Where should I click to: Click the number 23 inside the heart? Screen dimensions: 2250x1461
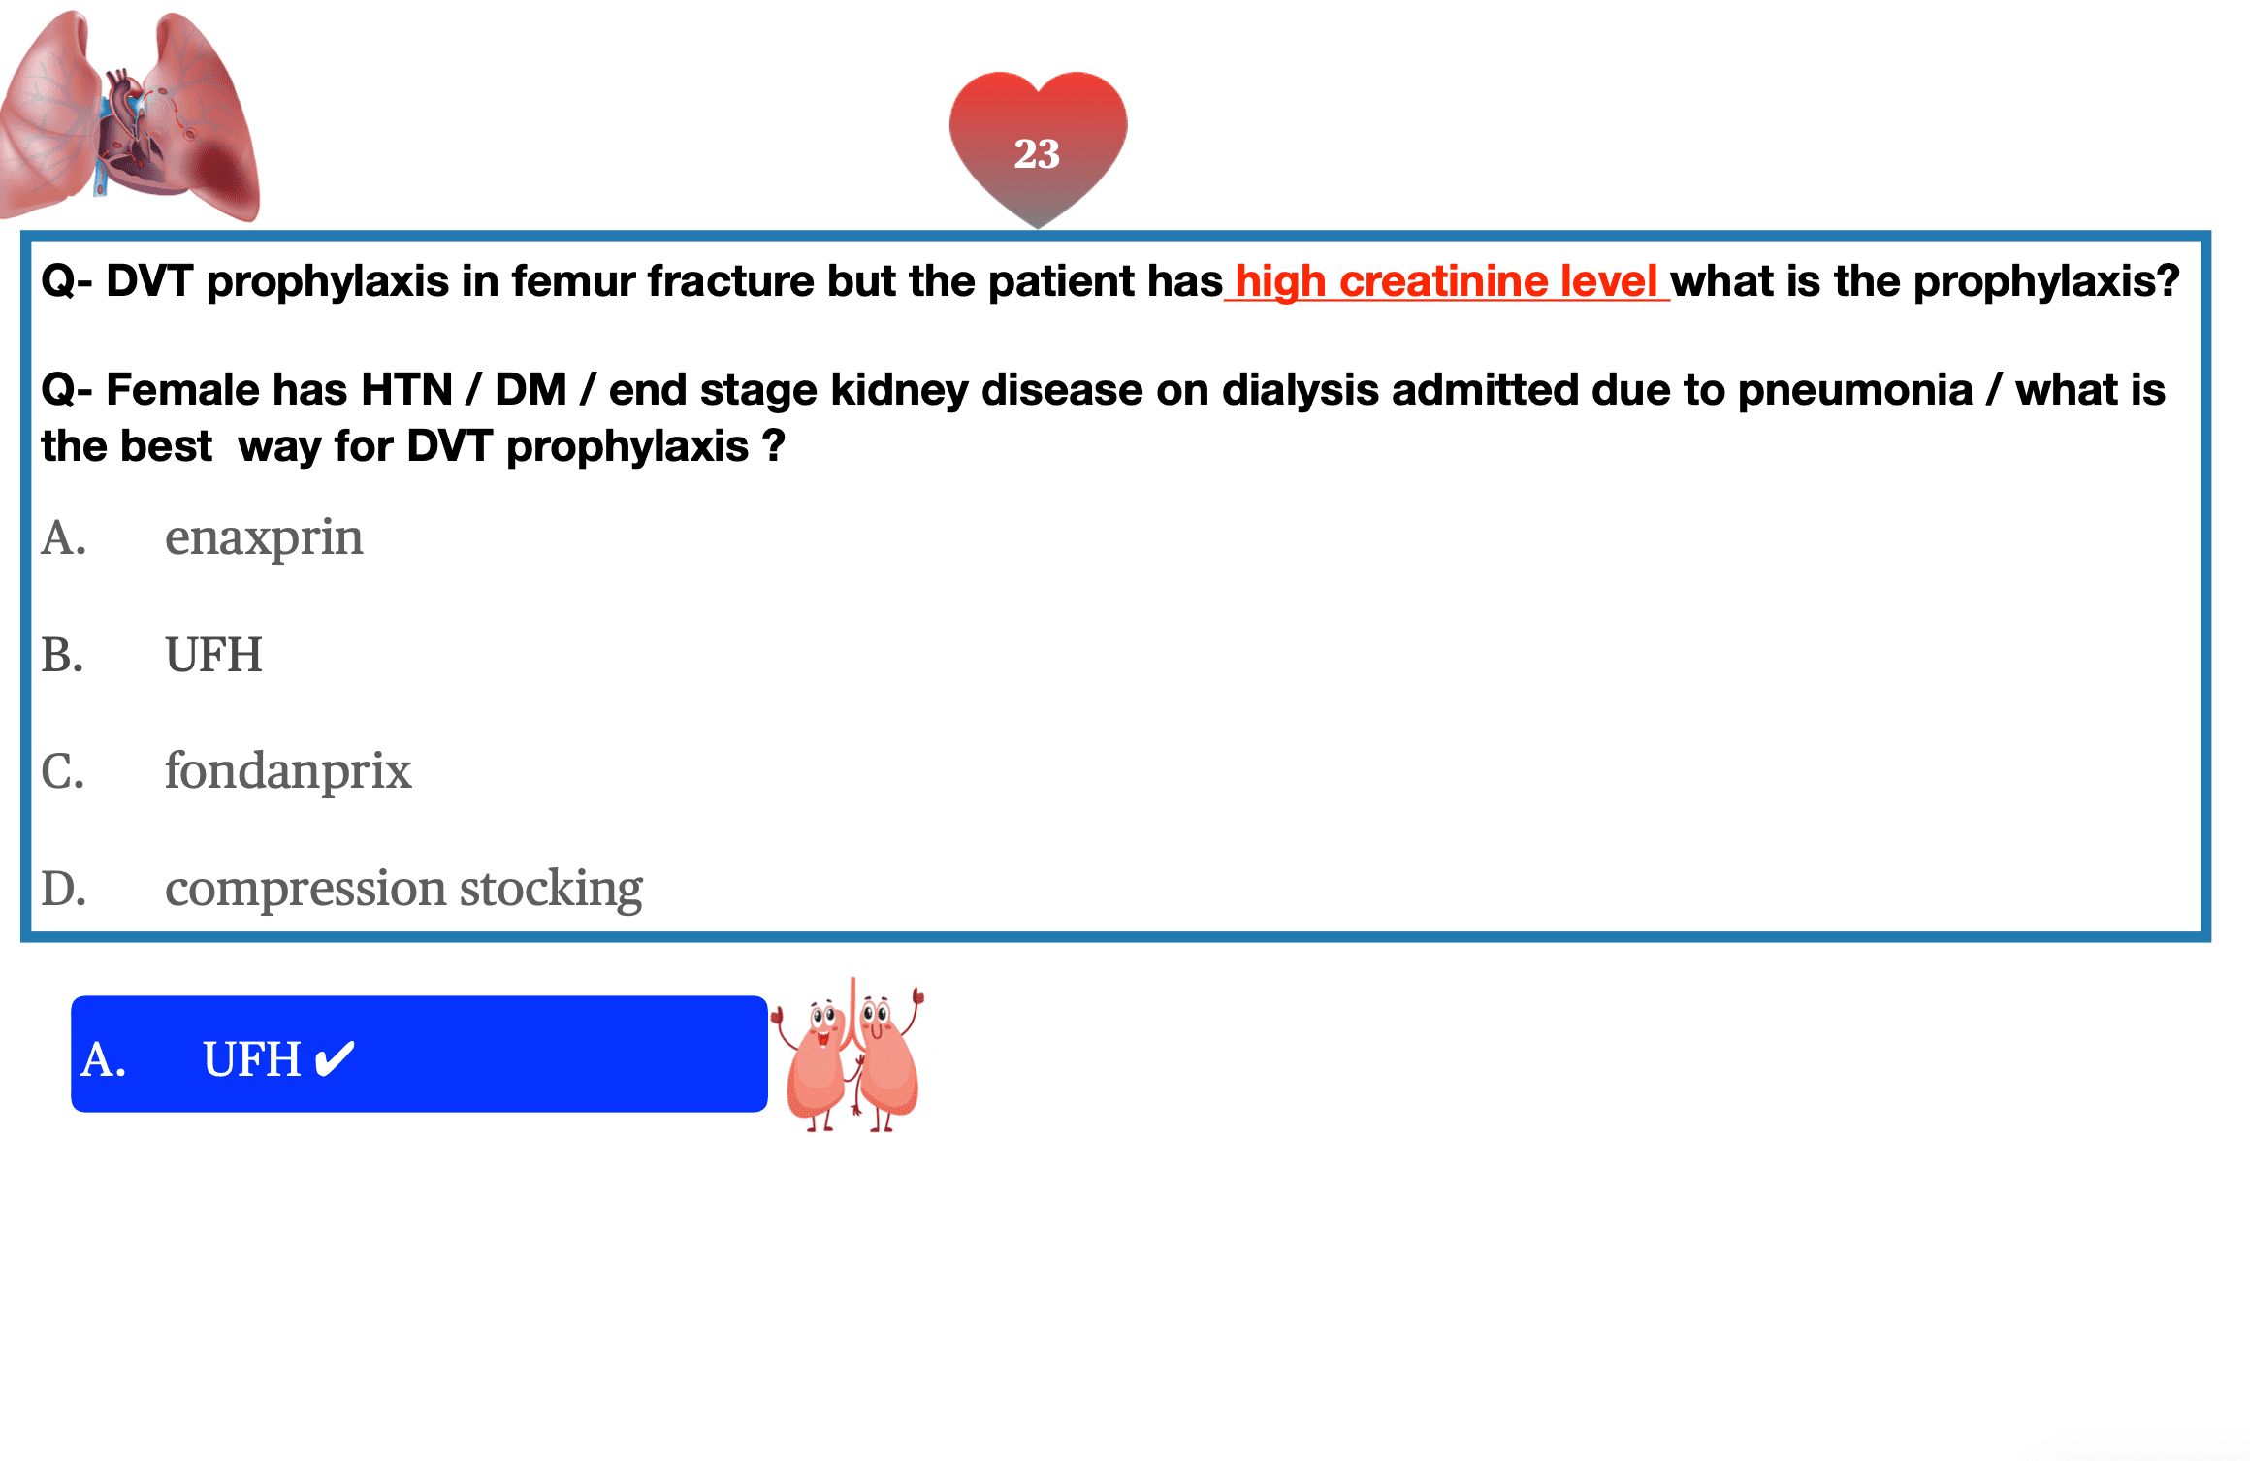tap(1037, 153)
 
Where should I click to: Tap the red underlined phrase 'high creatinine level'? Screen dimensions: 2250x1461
tap(1446, 281)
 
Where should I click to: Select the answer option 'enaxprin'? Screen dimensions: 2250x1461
tap(264, 538)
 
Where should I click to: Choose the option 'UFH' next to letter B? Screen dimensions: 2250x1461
tap(213, 655)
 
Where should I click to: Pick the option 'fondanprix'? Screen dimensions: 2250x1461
tap(288, 771)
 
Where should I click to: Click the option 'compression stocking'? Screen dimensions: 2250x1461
tap(403, 889)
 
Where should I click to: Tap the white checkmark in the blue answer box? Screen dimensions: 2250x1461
tap(336, 1058)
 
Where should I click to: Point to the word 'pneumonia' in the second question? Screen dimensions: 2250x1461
tap(1854, 391)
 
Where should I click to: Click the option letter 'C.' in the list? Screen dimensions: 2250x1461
tap(63, 772)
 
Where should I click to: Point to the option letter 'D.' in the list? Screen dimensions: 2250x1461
tap(64, 889)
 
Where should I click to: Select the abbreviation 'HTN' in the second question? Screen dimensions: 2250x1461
tap(406, 390)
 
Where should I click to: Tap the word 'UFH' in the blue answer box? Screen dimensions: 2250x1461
tap(252, 1058)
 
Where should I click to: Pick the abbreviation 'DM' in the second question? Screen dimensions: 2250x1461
tap(530, 390)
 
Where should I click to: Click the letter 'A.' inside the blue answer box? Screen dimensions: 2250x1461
tap(104, 1059)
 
